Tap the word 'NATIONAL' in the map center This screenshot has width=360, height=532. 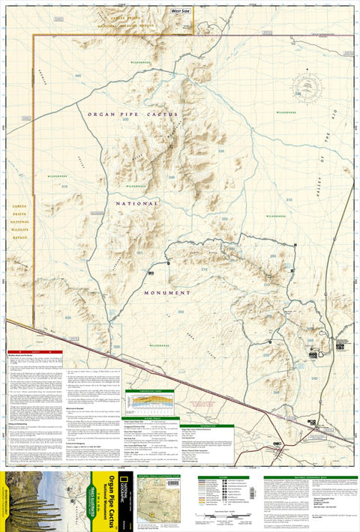point(137,203)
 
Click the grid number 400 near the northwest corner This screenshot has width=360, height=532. point(78,76)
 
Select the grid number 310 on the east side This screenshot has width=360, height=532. point(289,200)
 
